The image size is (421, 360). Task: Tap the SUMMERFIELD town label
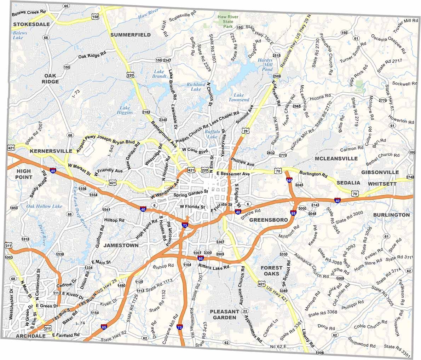tap(130, 35)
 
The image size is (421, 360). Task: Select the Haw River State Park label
tap(228, 22)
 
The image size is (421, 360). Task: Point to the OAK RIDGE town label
tap(50, 79)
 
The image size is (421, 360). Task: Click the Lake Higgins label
tap(125, 110)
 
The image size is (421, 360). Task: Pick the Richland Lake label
tap(196, 87)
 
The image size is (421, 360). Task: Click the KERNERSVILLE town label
tap(51, 151)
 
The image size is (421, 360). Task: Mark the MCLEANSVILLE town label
tap(336, 158)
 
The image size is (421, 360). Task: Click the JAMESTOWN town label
tap(121, 245)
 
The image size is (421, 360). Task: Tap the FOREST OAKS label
tap(271, 271)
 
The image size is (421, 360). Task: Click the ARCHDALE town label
tap(31, 336)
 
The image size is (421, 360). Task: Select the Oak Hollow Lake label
tap(45, 206)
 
